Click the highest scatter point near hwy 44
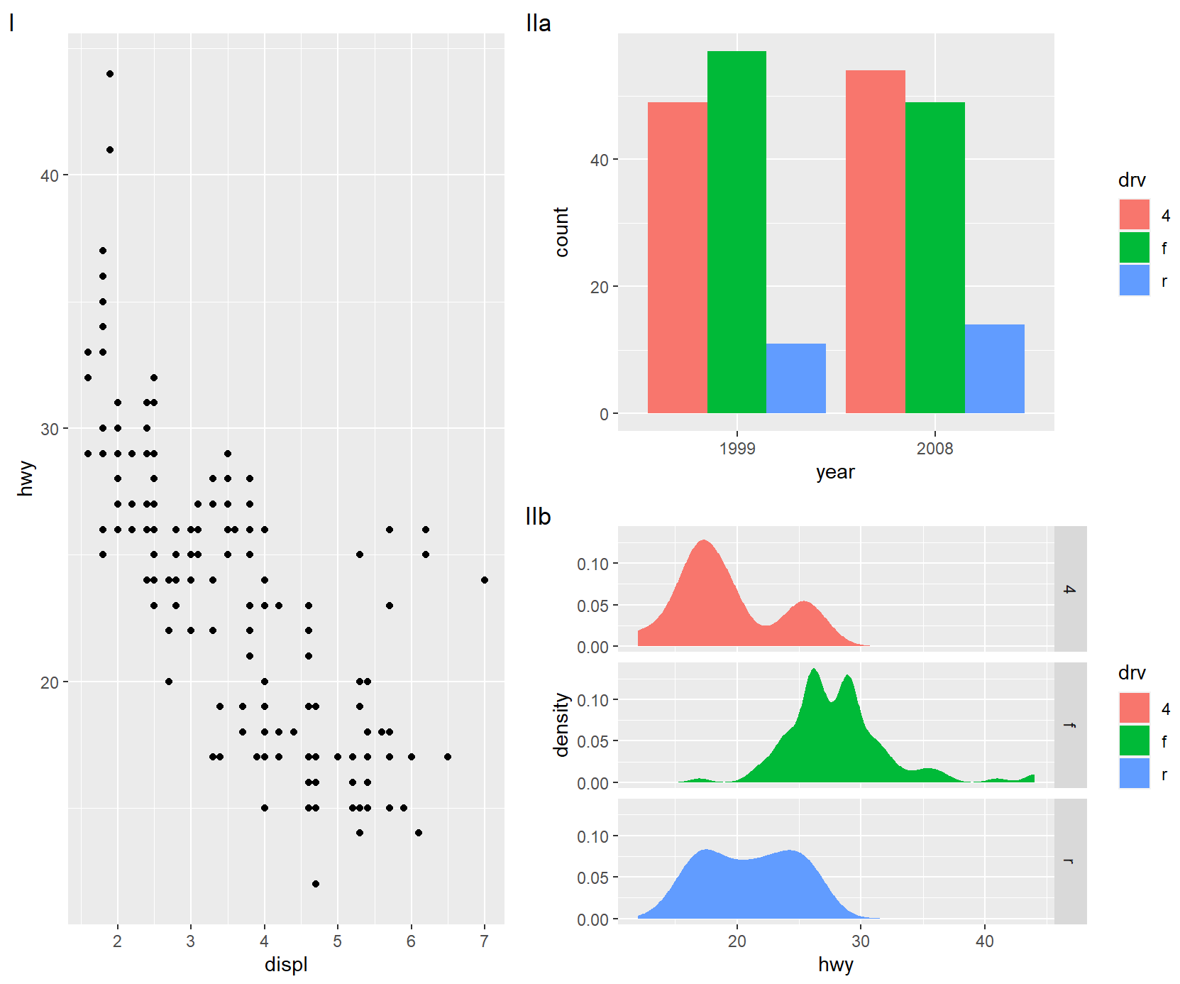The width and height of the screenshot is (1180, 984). pyautogui.click(x=110, y=74)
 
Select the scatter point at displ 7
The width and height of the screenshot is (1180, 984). pyautogui.click(x=485, y=580)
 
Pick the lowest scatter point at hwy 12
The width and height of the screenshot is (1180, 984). pyautogui.click(x=316, y=884)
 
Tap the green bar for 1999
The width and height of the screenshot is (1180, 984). pyautogui.click(x=737, y=232)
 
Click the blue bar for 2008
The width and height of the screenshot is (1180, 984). pyautogui.click(x=994, y=368)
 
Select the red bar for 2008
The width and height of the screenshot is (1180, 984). pyautogui.click(x=875, y=241)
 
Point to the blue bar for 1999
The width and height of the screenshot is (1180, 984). pyautogui.click(x=796, y=378)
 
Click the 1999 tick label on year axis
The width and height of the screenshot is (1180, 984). pyautogui.click(x=737, y=449)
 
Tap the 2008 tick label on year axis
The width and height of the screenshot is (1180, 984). pyautogui.click(x=934, y=449)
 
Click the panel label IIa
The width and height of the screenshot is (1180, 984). pyautogui.click(x=539, y=23)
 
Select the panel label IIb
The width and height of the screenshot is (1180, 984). pyautogui.click(x=539, y=517)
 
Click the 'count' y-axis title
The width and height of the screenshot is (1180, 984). pyautogui.click(x=562, y=232)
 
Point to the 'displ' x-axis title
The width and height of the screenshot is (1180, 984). pyautogui.click(x=286, y=965)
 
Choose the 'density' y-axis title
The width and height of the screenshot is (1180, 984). pyautogui.click(x=562, y=725)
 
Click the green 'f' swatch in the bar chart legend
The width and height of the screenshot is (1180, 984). pyautogui.click(x=1134, y=248)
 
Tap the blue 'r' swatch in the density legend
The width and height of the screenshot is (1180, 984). pyautogui.click(x=1134, y=774)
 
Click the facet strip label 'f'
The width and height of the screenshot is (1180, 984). pyautogui.click(x=1070, y=725)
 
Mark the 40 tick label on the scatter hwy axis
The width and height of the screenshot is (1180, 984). pyautogui.click(x=50, y=175)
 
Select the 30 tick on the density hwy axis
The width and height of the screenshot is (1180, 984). pyautogui.click(x=861, y=941)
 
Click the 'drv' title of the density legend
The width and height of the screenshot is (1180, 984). pyautogui.click(x=1132, y=673)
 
